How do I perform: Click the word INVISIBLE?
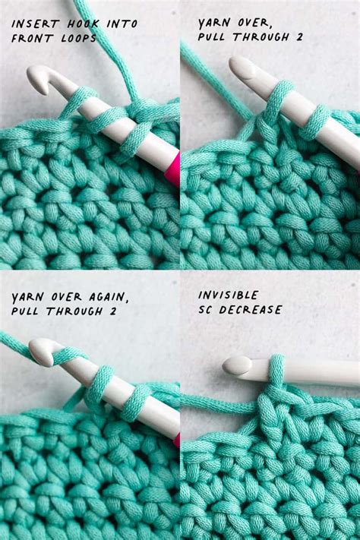point(228,295)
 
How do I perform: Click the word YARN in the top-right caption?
point(215,24)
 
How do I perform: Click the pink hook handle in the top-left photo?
point(172,169)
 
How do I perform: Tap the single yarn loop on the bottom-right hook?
point(276,370)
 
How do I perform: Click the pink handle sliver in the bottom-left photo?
point(176,440)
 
